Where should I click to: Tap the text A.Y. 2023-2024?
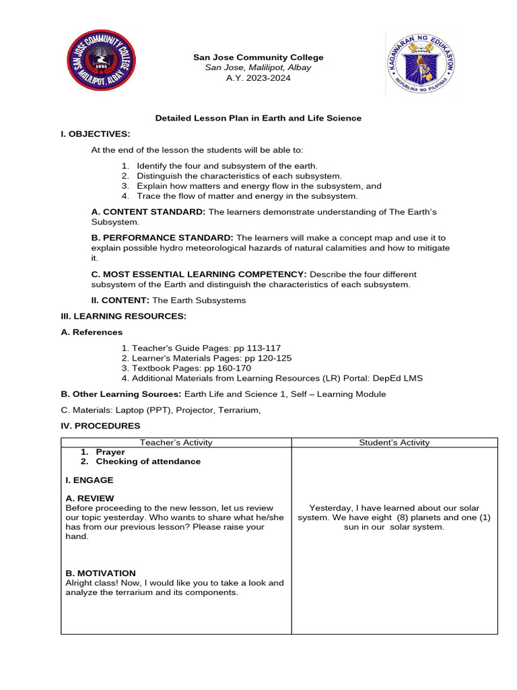tap(258, 78)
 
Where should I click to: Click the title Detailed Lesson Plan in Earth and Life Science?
tap(258, 118)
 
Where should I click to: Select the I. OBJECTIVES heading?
tap(95, 134)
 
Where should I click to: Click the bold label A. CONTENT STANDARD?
tap(148, 212)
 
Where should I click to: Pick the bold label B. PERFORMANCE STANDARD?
tap(162, 238)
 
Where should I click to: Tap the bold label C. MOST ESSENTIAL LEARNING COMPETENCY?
tap(199, 274)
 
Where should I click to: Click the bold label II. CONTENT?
tap(120, 300)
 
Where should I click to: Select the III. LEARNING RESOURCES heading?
tap(123, 316)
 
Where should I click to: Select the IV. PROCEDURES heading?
tap(100, 426)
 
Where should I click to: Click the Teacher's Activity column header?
tap(176, 443)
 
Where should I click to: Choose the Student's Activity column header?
tap(394, 443)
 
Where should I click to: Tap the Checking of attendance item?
tap(148, 462)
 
